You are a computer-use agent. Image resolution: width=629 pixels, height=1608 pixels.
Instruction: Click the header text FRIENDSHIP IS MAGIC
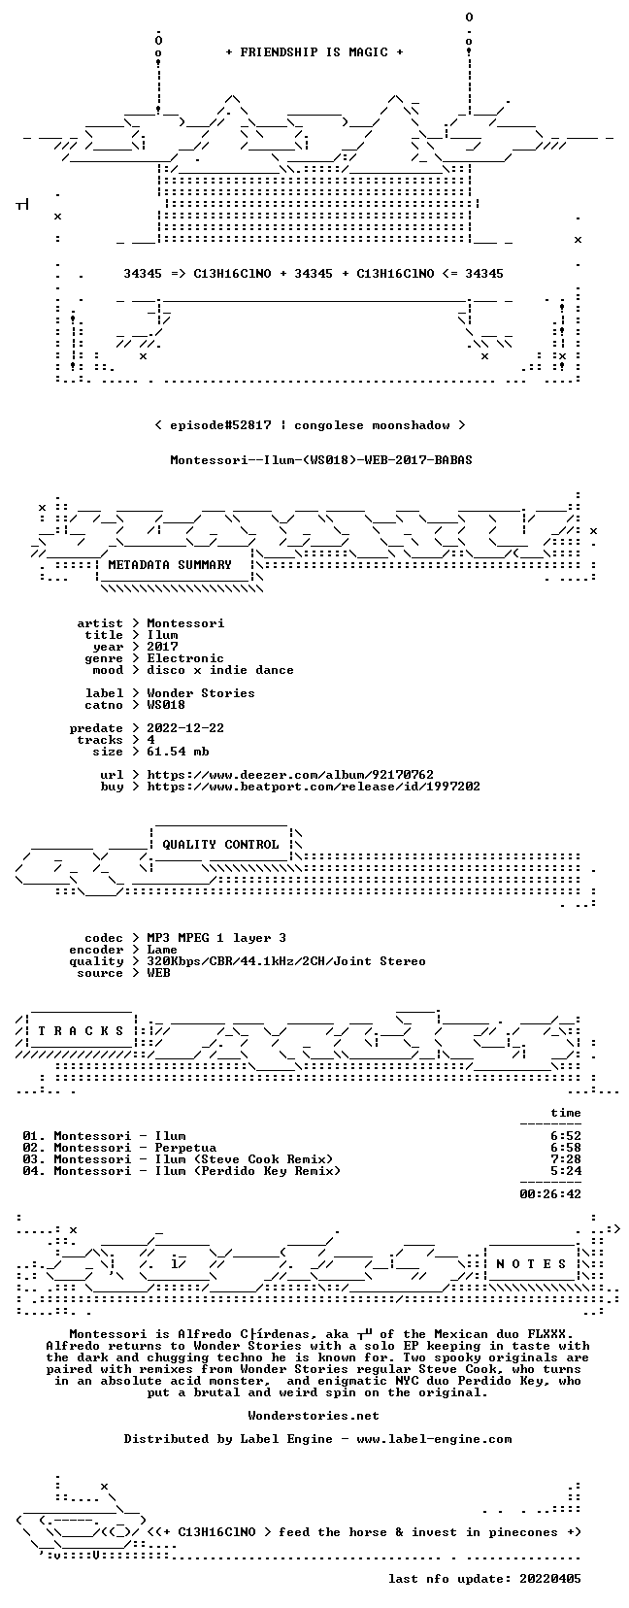point(314,52)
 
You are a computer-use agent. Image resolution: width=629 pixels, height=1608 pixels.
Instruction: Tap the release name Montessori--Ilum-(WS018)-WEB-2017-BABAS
point(321,460)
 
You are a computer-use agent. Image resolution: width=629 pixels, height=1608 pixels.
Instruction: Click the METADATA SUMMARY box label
point(170,565)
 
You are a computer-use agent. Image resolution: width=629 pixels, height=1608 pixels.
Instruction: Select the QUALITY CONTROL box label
point(220,845)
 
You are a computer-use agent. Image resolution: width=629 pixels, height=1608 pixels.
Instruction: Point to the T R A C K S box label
point(81,1031)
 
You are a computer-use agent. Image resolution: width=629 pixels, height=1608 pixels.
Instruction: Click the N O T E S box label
point(532,1264)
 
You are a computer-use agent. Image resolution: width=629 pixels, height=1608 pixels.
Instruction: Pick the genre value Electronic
point(185,658)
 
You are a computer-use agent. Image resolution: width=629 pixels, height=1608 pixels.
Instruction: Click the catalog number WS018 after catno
point(166,705)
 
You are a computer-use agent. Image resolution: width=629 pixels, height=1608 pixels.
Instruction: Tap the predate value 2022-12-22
point(185,728)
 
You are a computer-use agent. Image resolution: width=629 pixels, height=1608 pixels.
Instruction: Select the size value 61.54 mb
point(178,752)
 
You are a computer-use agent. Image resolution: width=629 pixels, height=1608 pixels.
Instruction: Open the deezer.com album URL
point(290,775)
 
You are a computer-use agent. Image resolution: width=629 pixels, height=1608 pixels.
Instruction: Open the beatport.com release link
point(314,787)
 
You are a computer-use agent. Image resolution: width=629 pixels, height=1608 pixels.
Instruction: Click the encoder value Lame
point(162,950)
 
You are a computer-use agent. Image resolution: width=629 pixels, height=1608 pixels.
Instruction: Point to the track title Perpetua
point(185,1148)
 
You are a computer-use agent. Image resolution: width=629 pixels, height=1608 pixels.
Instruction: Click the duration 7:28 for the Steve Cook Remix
point(566,1159)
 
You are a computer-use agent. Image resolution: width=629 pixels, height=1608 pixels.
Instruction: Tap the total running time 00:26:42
point(550,1194)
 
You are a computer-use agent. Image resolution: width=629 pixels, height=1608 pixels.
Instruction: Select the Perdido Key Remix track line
point(182,1171)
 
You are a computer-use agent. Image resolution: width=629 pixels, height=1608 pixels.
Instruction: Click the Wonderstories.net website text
point(314,1416)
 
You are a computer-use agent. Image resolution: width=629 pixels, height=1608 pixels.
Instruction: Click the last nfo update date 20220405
point(550,1579)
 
